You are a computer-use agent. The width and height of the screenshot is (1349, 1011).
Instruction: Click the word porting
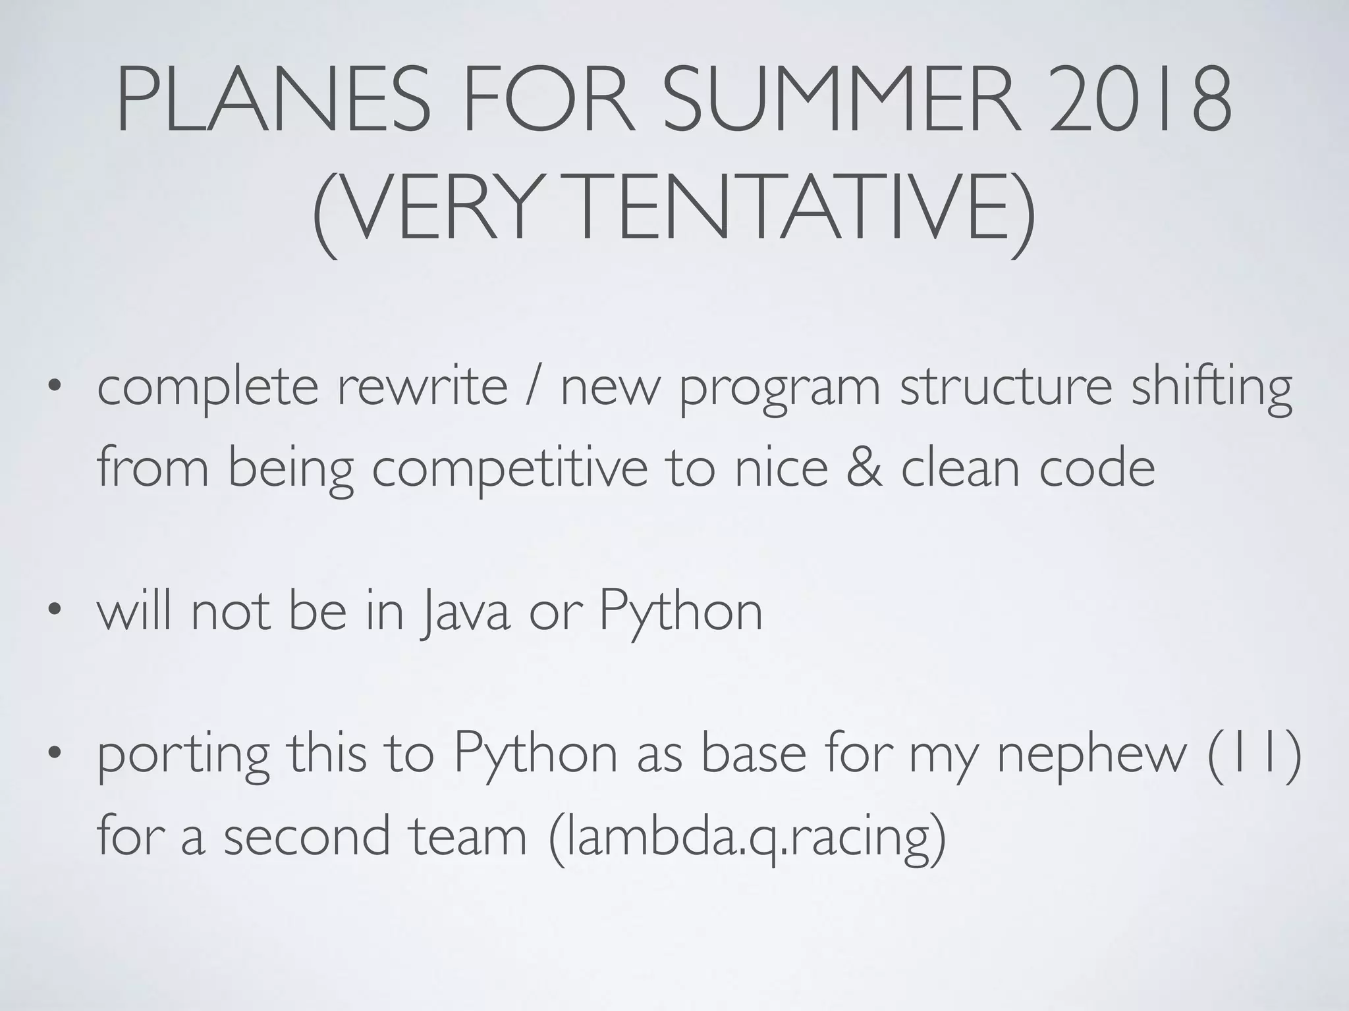[183, 757]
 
